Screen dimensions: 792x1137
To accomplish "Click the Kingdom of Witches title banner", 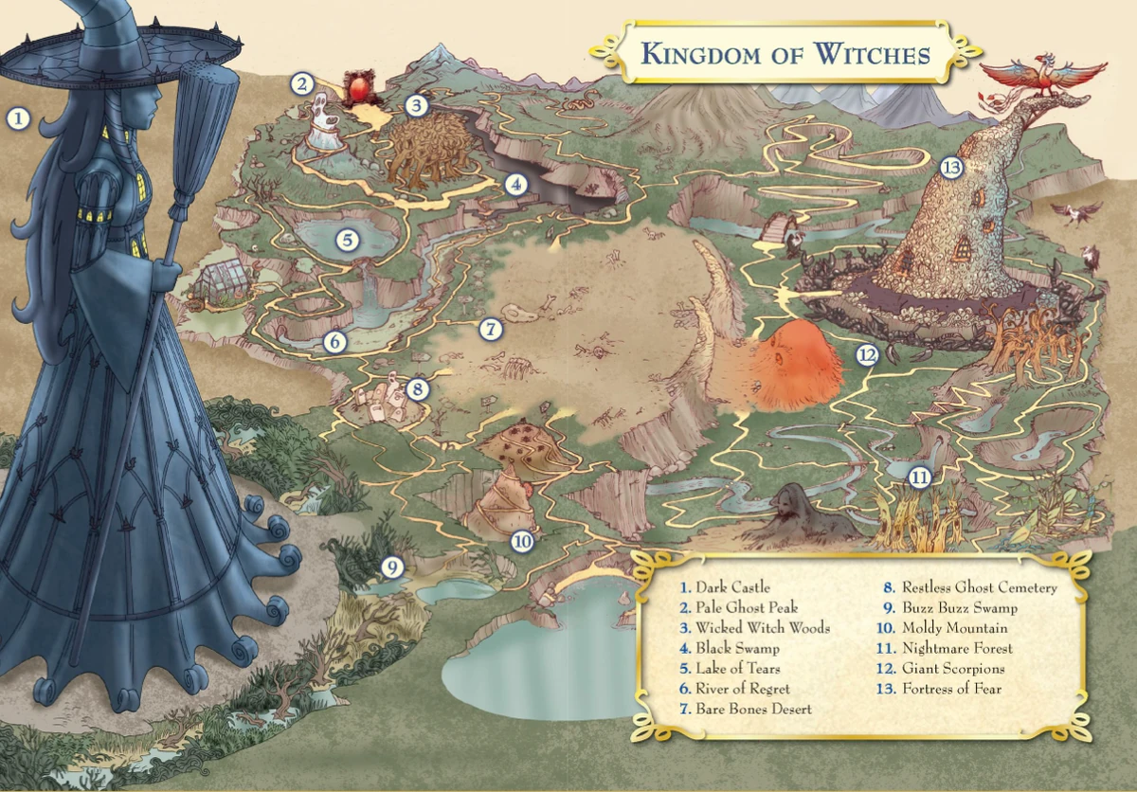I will tap(785, 54).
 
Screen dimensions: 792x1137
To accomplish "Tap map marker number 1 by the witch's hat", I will tap(18, 118).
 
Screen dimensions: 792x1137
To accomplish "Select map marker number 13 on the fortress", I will tap(952, 168).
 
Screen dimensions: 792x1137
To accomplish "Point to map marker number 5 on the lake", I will tap(348, 240).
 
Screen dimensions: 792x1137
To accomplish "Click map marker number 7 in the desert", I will tap(490, 330).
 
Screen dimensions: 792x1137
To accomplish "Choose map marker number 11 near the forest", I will tap(919, 477).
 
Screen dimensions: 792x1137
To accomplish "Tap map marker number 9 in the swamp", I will tap(392, 567).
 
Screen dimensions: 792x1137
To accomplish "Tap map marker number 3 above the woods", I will tap(417, 105).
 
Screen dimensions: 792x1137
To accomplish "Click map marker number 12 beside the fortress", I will tap(867, 355).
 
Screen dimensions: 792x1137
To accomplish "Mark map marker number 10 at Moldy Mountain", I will tap(522, 541).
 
